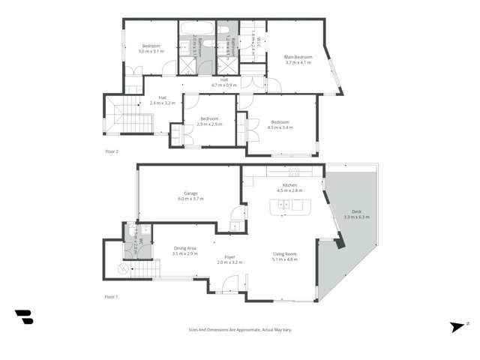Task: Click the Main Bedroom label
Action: coord(298,57)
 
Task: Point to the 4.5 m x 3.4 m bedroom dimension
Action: coord(280,127)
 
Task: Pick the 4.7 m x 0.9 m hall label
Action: coord(224,85)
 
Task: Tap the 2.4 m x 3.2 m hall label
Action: coord(162,103)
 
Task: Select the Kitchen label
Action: coord(289,185)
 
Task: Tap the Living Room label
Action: coord(285,254)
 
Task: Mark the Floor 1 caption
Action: coord(112,297)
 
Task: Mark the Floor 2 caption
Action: coord(112,151)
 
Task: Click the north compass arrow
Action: coord(456,325)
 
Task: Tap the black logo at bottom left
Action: coord(24,317)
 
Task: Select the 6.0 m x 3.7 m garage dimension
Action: coord(190,199)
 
